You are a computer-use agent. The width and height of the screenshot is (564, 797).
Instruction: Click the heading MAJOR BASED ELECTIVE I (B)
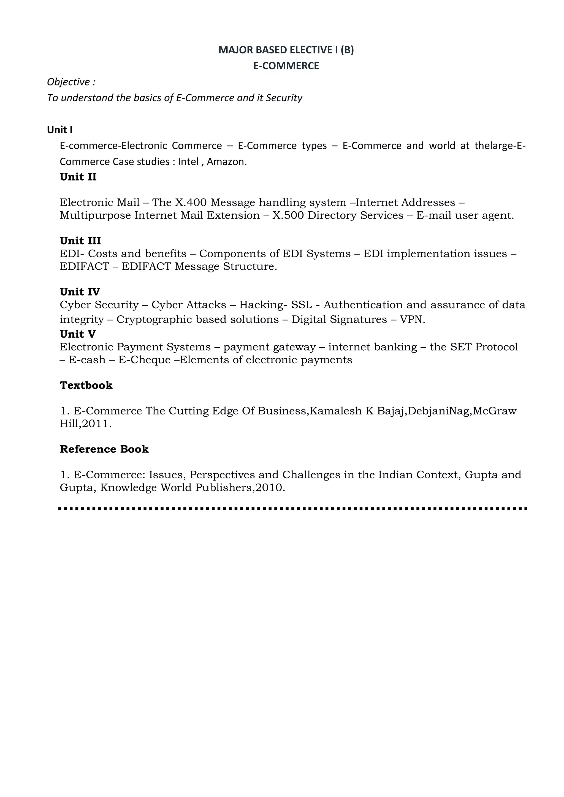[x=286, y=50]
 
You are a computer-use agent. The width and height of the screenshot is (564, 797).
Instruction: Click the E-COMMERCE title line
[x=286, y=66]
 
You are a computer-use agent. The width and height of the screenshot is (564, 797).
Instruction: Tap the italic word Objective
[x=68, y=82]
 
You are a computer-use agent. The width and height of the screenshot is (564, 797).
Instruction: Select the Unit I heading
[x=60, y=130]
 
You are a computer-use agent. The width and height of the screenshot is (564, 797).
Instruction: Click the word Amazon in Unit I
[x=226, y=162]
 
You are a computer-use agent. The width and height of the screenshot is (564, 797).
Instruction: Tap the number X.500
[x=288, y=215]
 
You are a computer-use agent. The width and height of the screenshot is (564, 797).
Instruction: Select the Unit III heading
[x=80, y=241]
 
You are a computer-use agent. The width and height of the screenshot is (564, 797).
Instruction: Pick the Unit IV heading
[x=80, y=292]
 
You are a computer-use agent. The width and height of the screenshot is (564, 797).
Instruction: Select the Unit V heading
[x=78, y=334]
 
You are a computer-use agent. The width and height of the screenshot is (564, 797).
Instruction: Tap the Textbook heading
[x=86, y=385]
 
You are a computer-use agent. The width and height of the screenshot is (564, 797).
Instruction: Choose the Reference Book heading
[x=104, y=449]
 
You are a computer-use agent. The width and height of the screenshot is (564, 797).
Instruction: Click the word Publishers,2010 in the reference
[x=240, y=488]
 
